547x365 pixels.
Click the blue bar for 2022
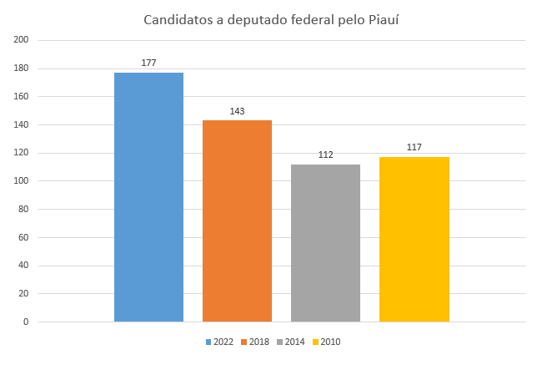[x=148, y=197]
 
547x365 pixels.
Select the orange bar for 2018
[x=237, y=221]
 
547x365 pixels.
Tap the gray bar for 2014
[x=325, y=242]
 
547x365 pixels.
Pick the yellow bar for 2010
[x=414, y=239]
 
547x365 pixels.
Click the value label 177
[x=148, y=63]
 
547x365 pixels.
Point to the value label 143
[x=237, y=111]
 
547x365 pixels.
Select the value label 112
[x=325, y=155]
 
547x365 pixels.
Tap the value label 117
[x=414, y=148]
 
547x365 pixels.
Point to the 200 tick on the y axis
[x=22, y=40]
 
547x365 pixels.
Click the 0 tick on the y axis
[x=26, y=322]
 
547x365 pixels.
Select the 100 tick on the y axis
[x=22, y=181]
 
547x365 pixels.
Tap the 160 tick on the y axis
[x=22, y=97]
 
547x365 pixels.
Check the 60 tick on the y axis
[x=23, y=237]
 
